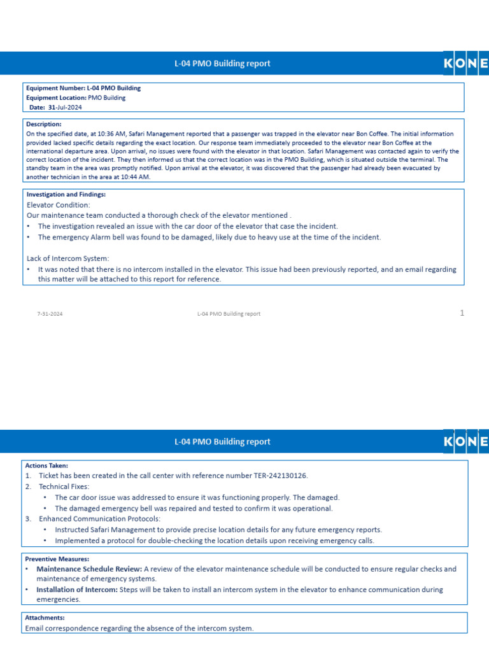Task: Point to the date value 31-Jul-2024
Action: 65,108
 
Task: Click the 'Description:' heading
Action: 43,124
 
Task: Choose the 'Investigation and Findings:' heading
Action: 66,194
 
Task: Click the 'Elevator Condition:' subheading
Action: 59,205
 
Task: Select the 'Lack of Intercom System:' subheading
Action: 67,259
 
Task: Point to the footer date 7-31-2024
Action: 50,314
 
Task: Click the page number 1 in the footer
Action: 462,313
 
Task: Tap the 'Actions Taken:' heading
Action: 46,465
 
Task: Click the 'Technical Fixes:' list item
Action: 64,486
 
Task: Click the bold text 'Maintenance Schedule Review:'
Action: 89,569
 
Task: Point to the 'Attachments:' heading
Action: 45,618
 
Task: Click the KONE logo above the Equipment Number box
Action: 465,64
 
